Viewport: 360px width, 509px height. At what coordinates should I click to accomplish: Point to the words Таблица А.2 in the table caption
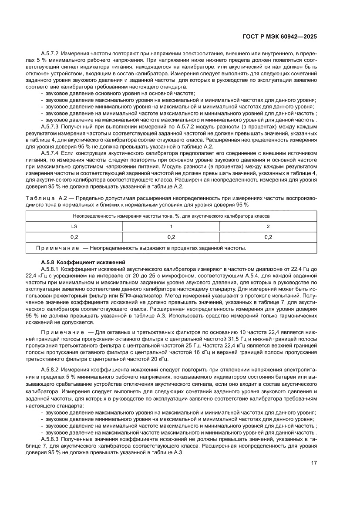tap(44, 199)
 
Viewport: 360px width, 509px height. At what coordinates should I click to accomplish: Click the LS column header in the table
tap(74, 226)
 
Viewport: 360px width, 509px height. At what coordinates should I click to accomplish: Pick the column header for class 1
tap(171, 226)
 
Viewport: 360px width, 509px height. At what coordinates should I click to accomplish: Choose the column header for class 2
tap(268, 226)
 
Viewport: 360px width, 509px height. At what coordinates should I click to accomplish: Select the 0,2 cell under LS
tap(74, 237)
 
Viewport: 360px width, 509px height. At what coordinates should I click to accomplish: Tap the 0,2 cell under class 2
tap(268, 237)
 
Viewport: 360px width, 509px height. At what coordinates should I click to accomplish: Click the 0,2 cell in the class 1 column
tap(171, 237)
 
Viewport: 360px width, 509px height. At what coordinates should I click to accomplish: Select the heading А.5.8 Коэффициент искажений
tap(83, 262)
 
